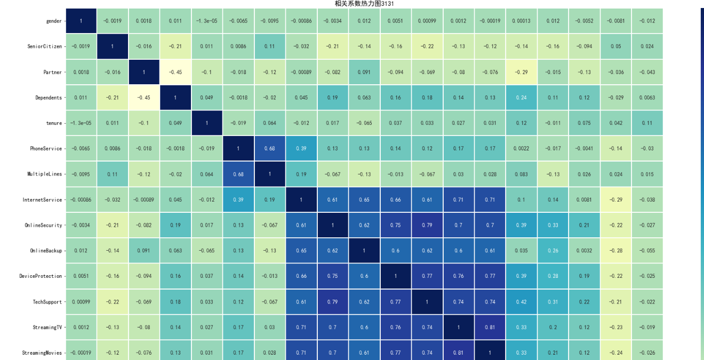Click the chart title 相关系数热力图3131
pyautogui.click(x=364, y=4)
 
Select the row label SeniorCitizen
pyautogui.click(x=46, y=46)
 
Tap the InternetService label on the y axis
pyautogui.click(x=43, y=200)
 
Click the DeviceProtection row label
pyautogui.click(x=41, y=276)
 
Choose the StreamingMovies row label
pyautogui.click(x=42, y=353)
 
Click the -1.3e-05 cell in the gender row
pyautogui.click(x=206, y=21)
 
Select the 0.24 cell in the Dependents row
pyautogui.click(x=521, y=98)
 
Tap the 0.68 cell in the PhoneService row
pyautogui.click(x=270, y=149)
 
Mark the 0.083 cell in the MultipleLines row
pyautogui.click(x=521, y=174)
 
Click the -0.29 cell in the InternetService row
pyautogui.click(x=615, y=200)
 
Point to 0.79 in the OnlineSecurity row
pyautogui.click(x=427, y=225)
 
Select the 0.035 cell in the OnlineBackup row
pyautogui.click(x=521, y=251)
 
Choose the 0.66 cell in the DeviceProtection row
pyautogui.click(x=301, y=276)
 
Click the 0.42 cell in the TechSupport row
pyautogui.click(x=521, y=302)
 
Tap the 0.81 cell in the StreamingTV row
pyautogui.click(x=490, y=327)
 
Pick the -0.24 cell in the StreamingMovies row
pyautogui.click(x=615, y=353)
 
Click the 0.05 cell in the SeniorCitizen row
pyautogui.click(x=615, y=46)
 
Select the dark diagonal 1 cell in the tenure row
pyautogui.click(x=206, y=123)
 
